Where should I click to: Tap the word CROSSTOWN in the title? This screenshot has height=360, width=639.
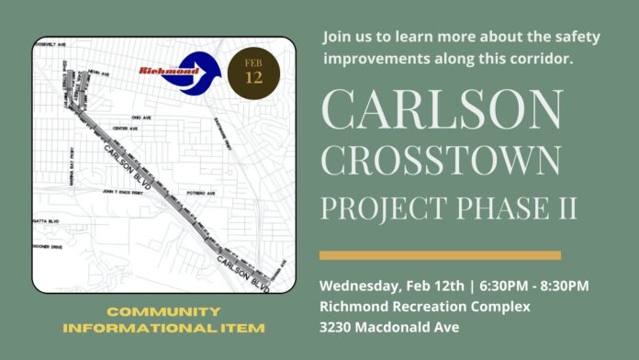(440, 160)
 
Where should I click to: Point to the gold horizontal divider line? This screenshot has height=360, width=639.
(440, 254)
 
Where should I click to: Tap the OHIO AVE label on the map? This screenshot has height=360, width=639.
(142, 118)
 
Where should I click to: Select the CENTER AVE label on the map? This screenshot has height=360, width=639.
(124, 129)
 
